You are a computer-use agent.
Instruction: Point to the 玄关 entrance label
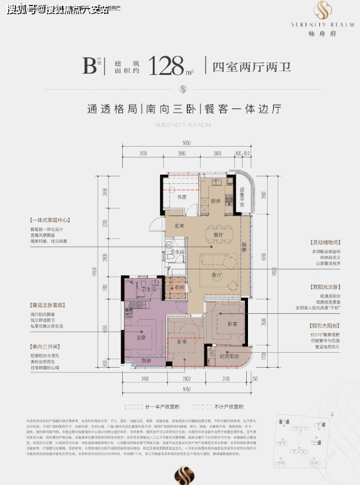(x=178, y=227)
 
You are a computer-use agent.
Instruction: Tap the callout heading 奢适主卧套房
(x=40, y=305)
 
